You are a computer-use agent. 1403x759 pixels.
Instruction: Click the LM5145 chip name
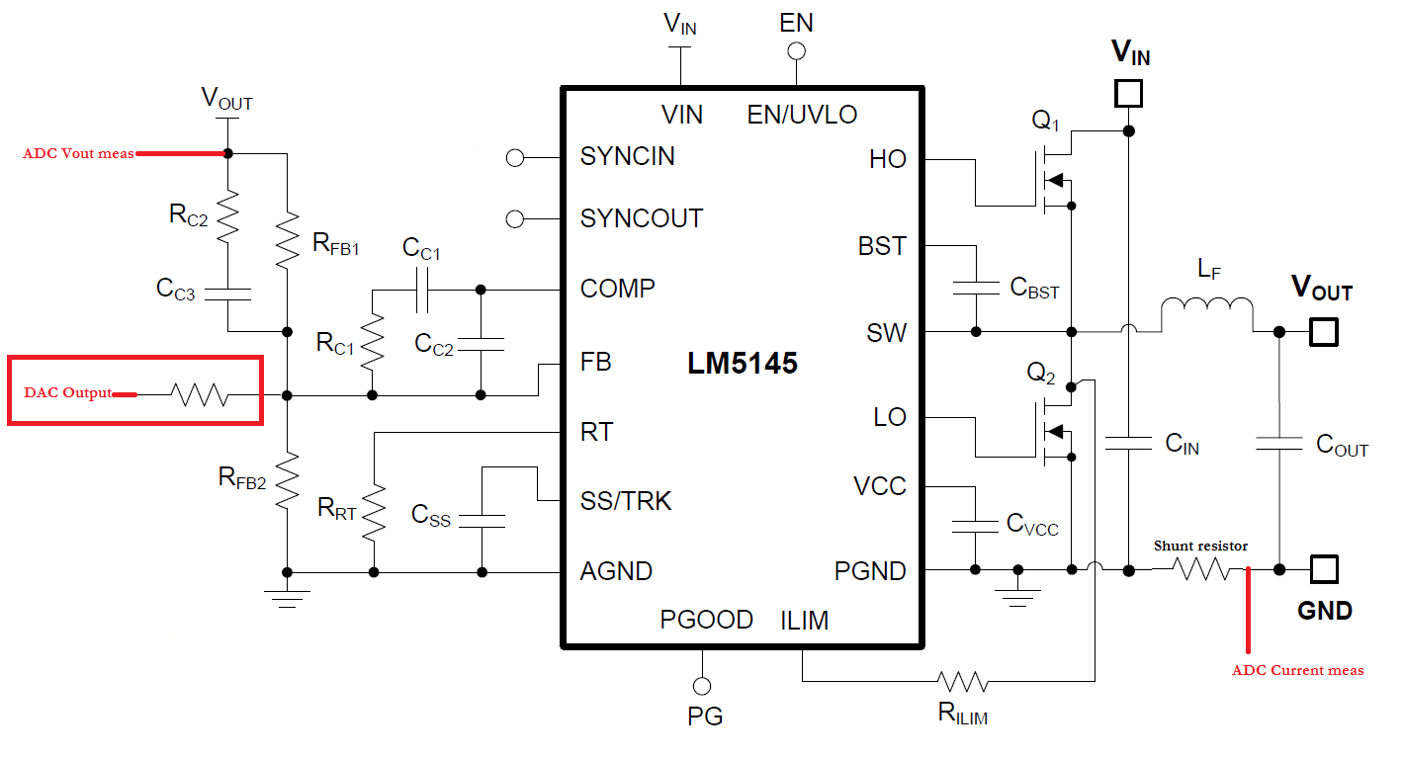click(x=743, y=364)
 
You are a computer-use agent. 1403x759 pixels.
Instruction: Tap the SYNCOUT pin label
click(x=642, y=218)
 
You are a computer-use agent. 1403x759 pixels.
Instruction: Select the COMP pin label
click(x=618, y=289)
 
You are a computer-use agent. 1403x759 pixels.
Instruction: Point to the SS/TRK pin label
click(x=626, y=501)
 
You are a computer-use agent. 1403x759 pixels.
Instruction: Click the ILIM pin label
click(x=804, y=621)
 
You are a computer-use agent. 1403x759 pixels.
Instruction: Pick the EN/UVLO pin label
click(x=802, y=115)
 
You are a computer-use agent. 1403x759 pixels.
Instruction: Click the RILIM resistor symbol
click(x=963, y=681)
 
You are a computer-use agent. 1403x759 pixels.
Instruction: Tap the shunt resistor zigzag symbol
click(x=1200, y=568)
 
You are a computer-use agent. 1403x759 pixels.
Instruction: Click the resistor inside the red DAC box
click(x=200, y=394)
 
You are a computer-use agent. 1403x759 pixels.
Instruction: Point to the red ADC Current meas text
click(x=1297, y=671)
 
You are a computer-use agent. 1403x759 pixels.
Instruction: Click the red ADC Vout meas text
click(x=78, y=153)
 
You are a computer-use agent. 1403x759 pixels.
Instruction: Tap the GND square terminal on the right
click(x=1324, y=569)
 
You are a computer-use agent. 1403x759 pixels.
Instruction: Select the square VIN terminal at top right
click(x=1129, y=93)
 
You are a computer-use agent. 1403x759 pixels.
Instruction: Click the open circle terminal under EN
click(x=796, y=51)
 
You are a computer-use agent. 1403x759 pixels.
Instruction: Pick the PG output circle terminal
click(x=702, y=686)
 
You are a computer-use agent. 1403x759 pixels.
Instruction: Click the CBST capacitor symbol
click(x=976, y=289)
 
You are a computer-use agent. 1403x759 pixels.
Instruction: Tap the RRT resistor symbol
click(x=375, y=512)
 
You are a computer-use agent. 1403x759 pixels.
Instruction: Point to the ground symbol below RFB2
click(x=287, y=599)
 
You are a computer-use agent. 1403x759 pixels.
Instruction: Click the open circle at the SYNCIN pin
click(x=515, y=158)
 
